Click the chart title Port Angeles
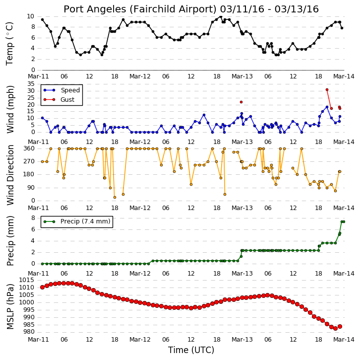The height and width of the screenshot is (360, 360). click(x=95, y=9)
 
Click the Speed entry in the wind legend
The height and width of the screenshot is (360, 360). click(x=70, y=90)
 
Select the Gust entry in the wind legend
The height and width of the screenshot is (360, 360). click(x=67, y=99)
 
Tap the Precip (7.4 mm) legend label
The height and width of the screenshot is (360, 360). click(x=85, y=221)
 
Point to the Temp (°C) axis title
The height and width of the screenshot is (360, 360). click(x=9, y=44)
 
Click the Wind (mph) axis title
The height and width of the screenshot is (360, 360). click(x=10, y=109)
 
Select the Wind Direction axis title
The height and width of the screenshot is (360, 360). click(x=10, y=175)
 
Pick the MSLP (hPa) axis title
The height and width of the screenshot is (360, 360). click(x=10, y=306)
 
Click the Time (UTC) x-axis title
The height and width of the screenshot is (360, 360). click(x=191, y=350)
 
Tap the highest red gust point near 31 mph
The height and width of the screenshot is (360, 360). click(x=327, y=90)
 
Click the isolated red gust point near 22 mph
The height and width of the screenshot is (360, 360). click(x=241, y=102)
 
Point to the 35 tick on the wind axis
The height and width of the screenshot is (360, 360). click(x=31, y=84)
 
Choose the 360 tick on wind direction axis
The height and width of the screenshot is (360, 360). click(x=29, y=148)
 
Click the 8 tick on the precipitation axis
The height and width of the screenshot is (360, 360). click(x=33, y=218)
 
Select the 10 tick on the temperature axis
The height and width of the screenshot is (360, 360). click(x=31, y=16)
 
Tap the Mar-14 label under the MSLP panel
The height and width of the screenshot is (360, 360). click(x=344, y=339)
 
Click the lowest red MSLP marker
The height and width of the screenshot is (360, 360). click(x=335, y=329)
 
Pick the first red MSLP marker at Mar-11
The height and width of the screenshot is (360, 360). click(x=42, y=287)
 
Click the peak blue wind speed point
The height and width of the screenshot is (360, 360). click(x=327, y=107)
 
